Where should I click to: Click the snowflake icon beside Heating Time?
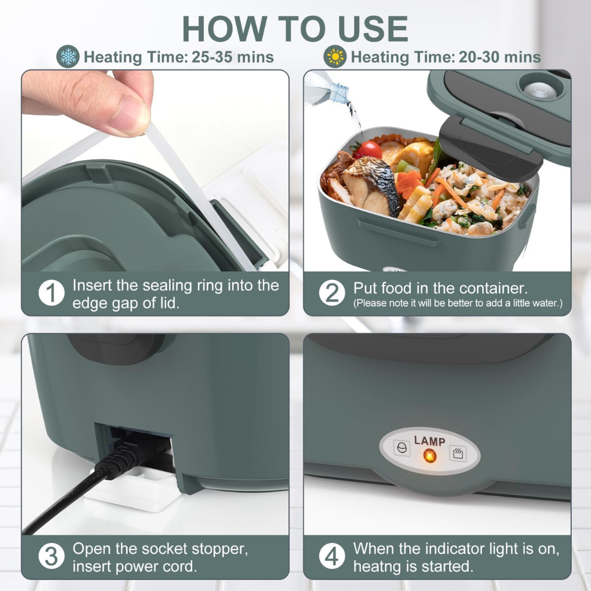(68, 57)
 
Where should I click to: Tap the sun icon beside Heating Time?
(334, 57)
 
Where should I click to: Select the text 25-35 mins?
(233, 57)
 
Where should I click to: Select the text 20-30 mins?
(500, 57)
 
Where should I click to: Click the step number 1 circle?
(51, 294)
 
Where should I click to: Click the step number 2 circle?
(332, 294)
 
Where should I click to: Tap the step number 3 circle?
(51, 557)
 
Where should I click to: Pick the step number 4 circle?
(332, 557)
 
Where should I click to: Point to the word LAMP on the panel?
(430, 441)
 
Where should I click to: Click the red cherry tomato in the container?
(371, 149)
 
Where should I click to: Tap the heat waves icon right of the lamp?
(457, 454)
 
